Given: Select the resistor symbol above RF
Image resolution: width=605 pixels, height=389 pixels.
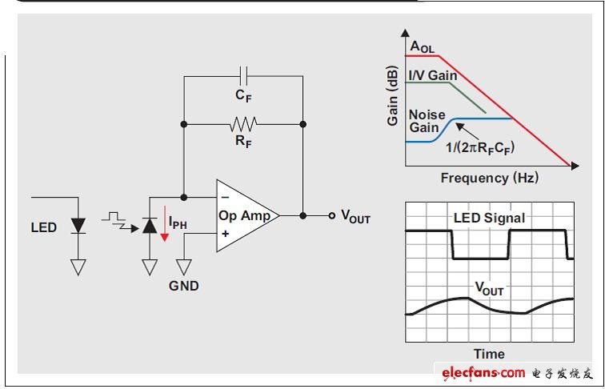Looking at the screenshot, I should [243, 124].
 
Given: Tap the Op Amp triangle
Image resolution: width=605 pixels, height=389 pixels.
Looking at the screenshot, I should [244, 215].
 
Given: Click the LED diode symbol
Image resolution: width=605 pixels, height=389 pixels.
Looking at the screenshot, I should [78, 227].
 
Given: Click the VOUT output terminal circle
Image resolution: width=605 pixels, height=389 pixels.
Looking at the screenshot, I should [332, 215].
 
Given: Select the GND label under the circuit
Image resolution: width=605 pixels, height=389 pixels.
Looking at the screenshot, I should [183, 285].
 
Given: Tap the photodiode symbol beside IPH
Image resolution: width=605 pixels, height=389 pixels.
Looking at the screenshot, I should [150, 226].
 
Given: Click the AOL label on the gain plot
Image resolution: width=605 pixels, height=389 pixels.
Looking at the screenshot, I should [422, 47].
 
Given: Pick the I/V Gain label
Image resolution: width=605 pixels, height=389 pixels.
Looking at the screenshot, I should [433, 75].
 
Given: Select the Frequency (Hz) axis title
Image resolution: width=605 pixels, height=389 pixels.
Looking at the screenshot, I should [488, 177].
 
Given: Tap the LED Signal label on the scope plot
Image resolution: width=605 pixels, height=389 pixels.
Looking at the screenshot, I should [488, 218].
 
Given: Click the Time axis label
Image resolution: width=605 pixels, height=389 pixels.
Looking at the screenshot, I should [489, 354].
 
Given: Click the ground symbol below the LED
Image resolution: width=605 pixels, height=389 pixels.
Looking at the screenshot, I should [78, 267].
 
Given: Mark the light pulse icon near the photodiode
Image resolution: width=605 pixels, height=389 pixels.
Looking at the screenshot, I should [118, 219].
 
